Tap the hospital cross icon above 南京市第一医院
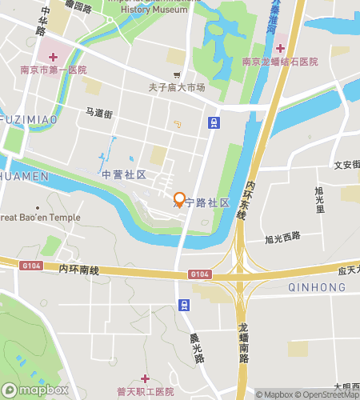point(54,56)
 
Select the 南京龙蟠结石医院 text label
point(280,62)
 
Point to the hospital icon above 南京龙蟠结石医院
point(280,49)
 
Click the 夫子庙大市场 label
point(176,87)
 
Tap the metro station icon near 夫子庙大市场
point(214,122)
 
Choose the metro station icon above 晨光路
point(184,305)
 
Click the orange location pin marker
point(180,199)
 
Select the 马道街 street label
point(99,114)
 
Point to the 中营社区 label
point(123,174)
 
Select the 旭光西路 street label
point(282,238)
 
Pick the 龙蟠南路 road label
point(243,343)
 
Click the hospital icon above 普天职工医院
point(145,378)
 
